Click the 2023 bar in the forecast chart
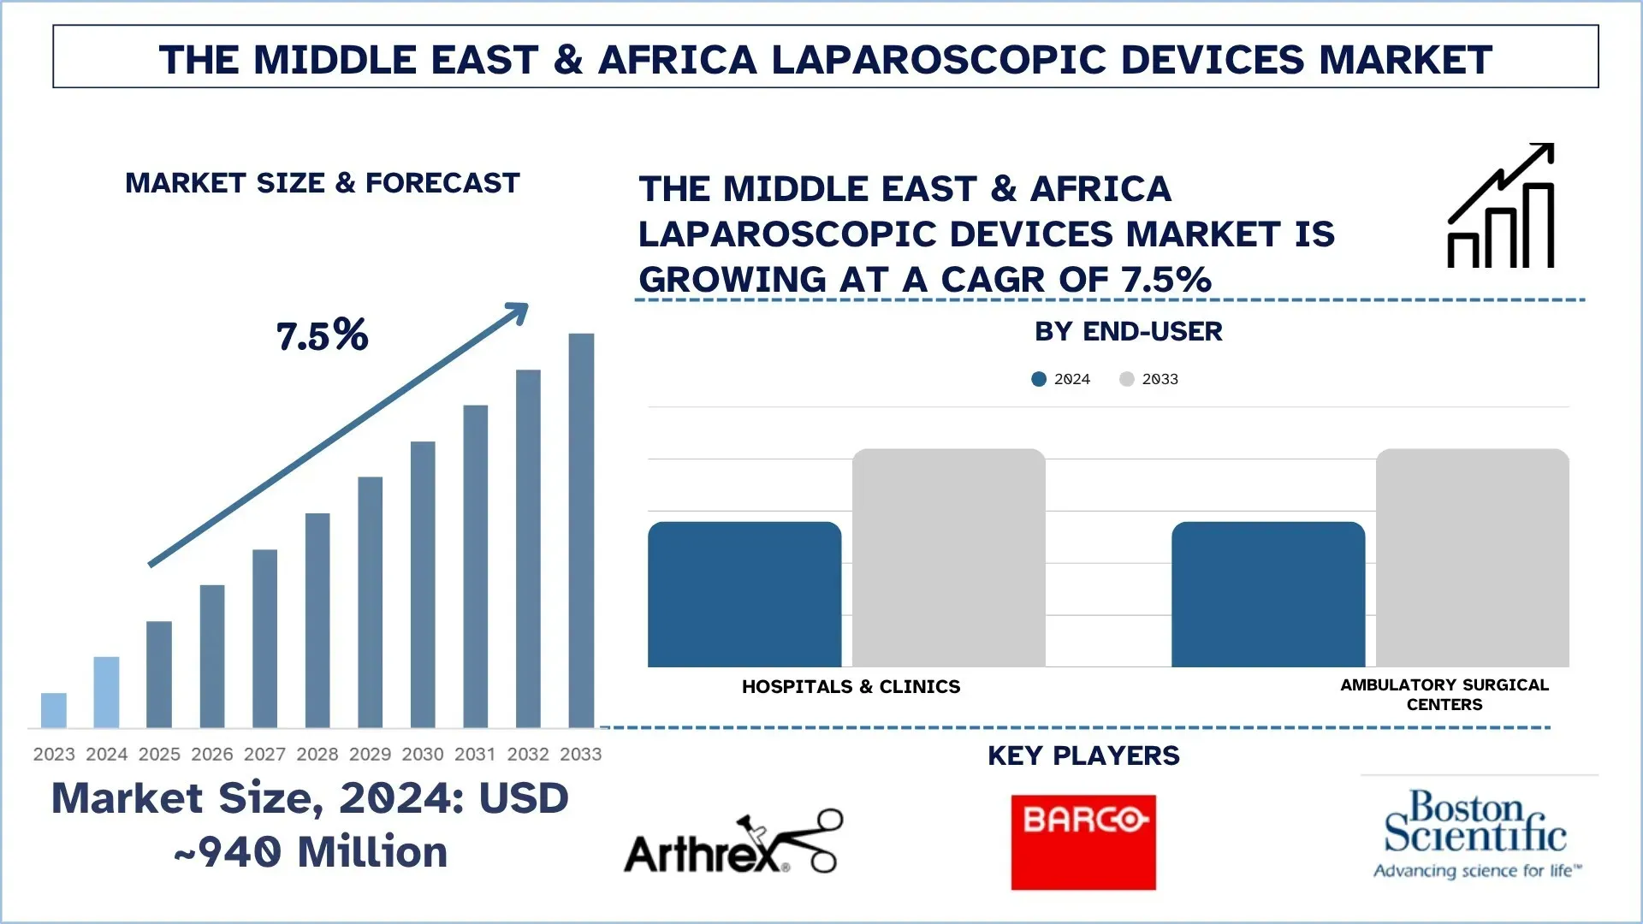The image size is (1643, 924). click(53, 710)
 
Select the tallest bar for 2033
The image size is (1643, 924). click(581, 530)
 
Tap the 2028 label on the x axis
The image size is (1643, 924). click(317, 755)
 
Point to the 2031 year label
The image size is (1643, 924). click(475, 755)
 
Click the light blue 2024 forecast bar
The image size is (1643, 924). click(106, 692)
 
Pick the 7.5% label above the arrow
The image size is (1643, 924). click(322, 335)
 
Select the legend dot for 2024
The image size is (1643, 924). click(1039, 379)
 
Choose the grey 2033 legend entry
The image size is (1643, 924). click(1149, 379)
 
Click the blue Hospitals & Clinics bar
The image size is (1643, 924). click(744, 595)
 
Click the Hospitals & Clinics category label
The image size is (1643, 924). click(851, 687)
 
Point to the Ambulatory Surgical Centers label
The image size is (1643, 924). click(1444, 695)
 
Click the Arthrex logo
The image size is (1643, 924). click(733, 844)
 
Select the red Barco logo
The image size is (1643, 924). click(1082, 842)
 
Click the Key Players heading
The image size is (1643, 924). click(1083, 756)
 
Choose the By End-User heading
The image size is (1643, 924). click(1128, 332)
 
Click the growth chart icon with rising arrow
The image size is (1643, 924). click(1501, 206)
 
